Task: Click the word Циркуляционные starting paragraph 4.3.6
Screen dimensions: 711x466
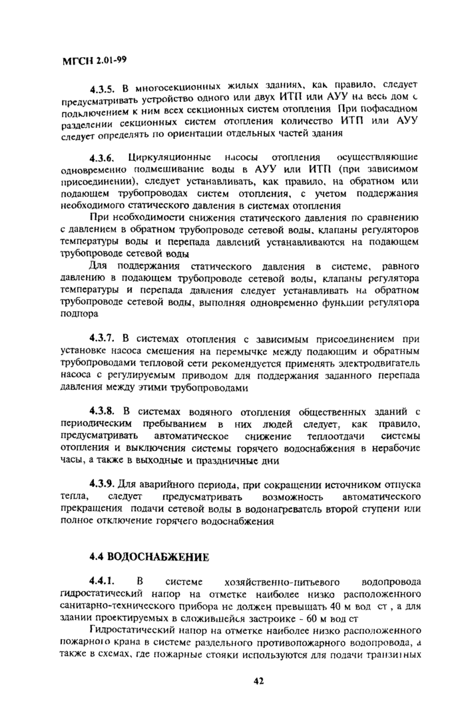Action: click(x=166, y=158)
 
